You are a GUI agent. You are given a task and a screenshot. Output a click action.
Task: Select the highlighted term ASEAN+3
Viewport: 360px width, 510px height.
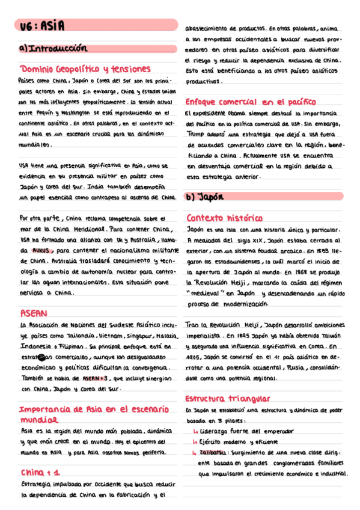pos(95,379)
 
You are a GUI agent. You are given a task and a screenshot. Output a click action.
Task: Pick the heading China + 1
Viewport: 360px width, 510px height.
pos(40,472)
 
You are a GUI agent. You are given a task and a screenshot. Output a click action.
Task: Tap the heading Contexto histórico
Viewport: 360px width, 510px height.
pos(225,218)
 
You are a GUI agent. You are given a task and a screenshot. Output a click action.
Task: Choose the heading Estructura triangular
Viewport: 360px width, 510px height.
pos(228,399)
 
